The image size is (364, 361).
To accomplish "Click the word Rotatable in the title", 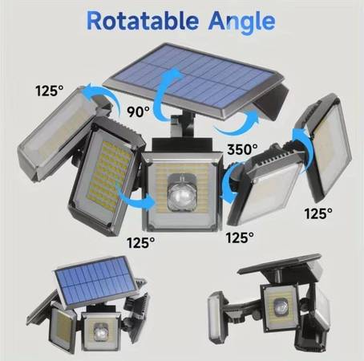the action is (143, 21).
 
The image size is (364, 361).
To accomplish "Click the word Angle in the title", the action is (242, 22).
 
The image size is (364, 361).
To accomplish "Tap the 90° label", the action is (138, 112).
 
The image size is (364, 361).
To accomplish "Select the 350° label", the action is (242, 149).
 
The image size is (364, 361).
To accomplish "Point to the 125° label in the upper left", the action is (50, 91).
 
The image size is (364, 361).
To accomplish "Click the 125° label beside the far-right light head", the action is (318, 213).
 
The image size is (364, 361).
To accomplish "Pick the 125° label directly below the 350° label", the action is (240, 237).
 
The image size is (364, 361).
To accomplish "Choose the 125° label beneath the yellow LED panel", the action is (141, 243).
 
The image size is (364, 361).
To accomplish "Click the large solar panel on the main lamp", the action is (193, 79).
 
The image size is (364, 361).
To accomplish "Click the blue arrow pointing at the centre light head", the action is (134, 200).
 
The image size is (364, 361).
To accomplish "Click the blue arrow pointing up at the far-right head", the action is (301, 150).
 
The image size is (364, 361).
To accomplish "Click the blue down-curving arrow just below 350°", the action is (228, 182).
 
